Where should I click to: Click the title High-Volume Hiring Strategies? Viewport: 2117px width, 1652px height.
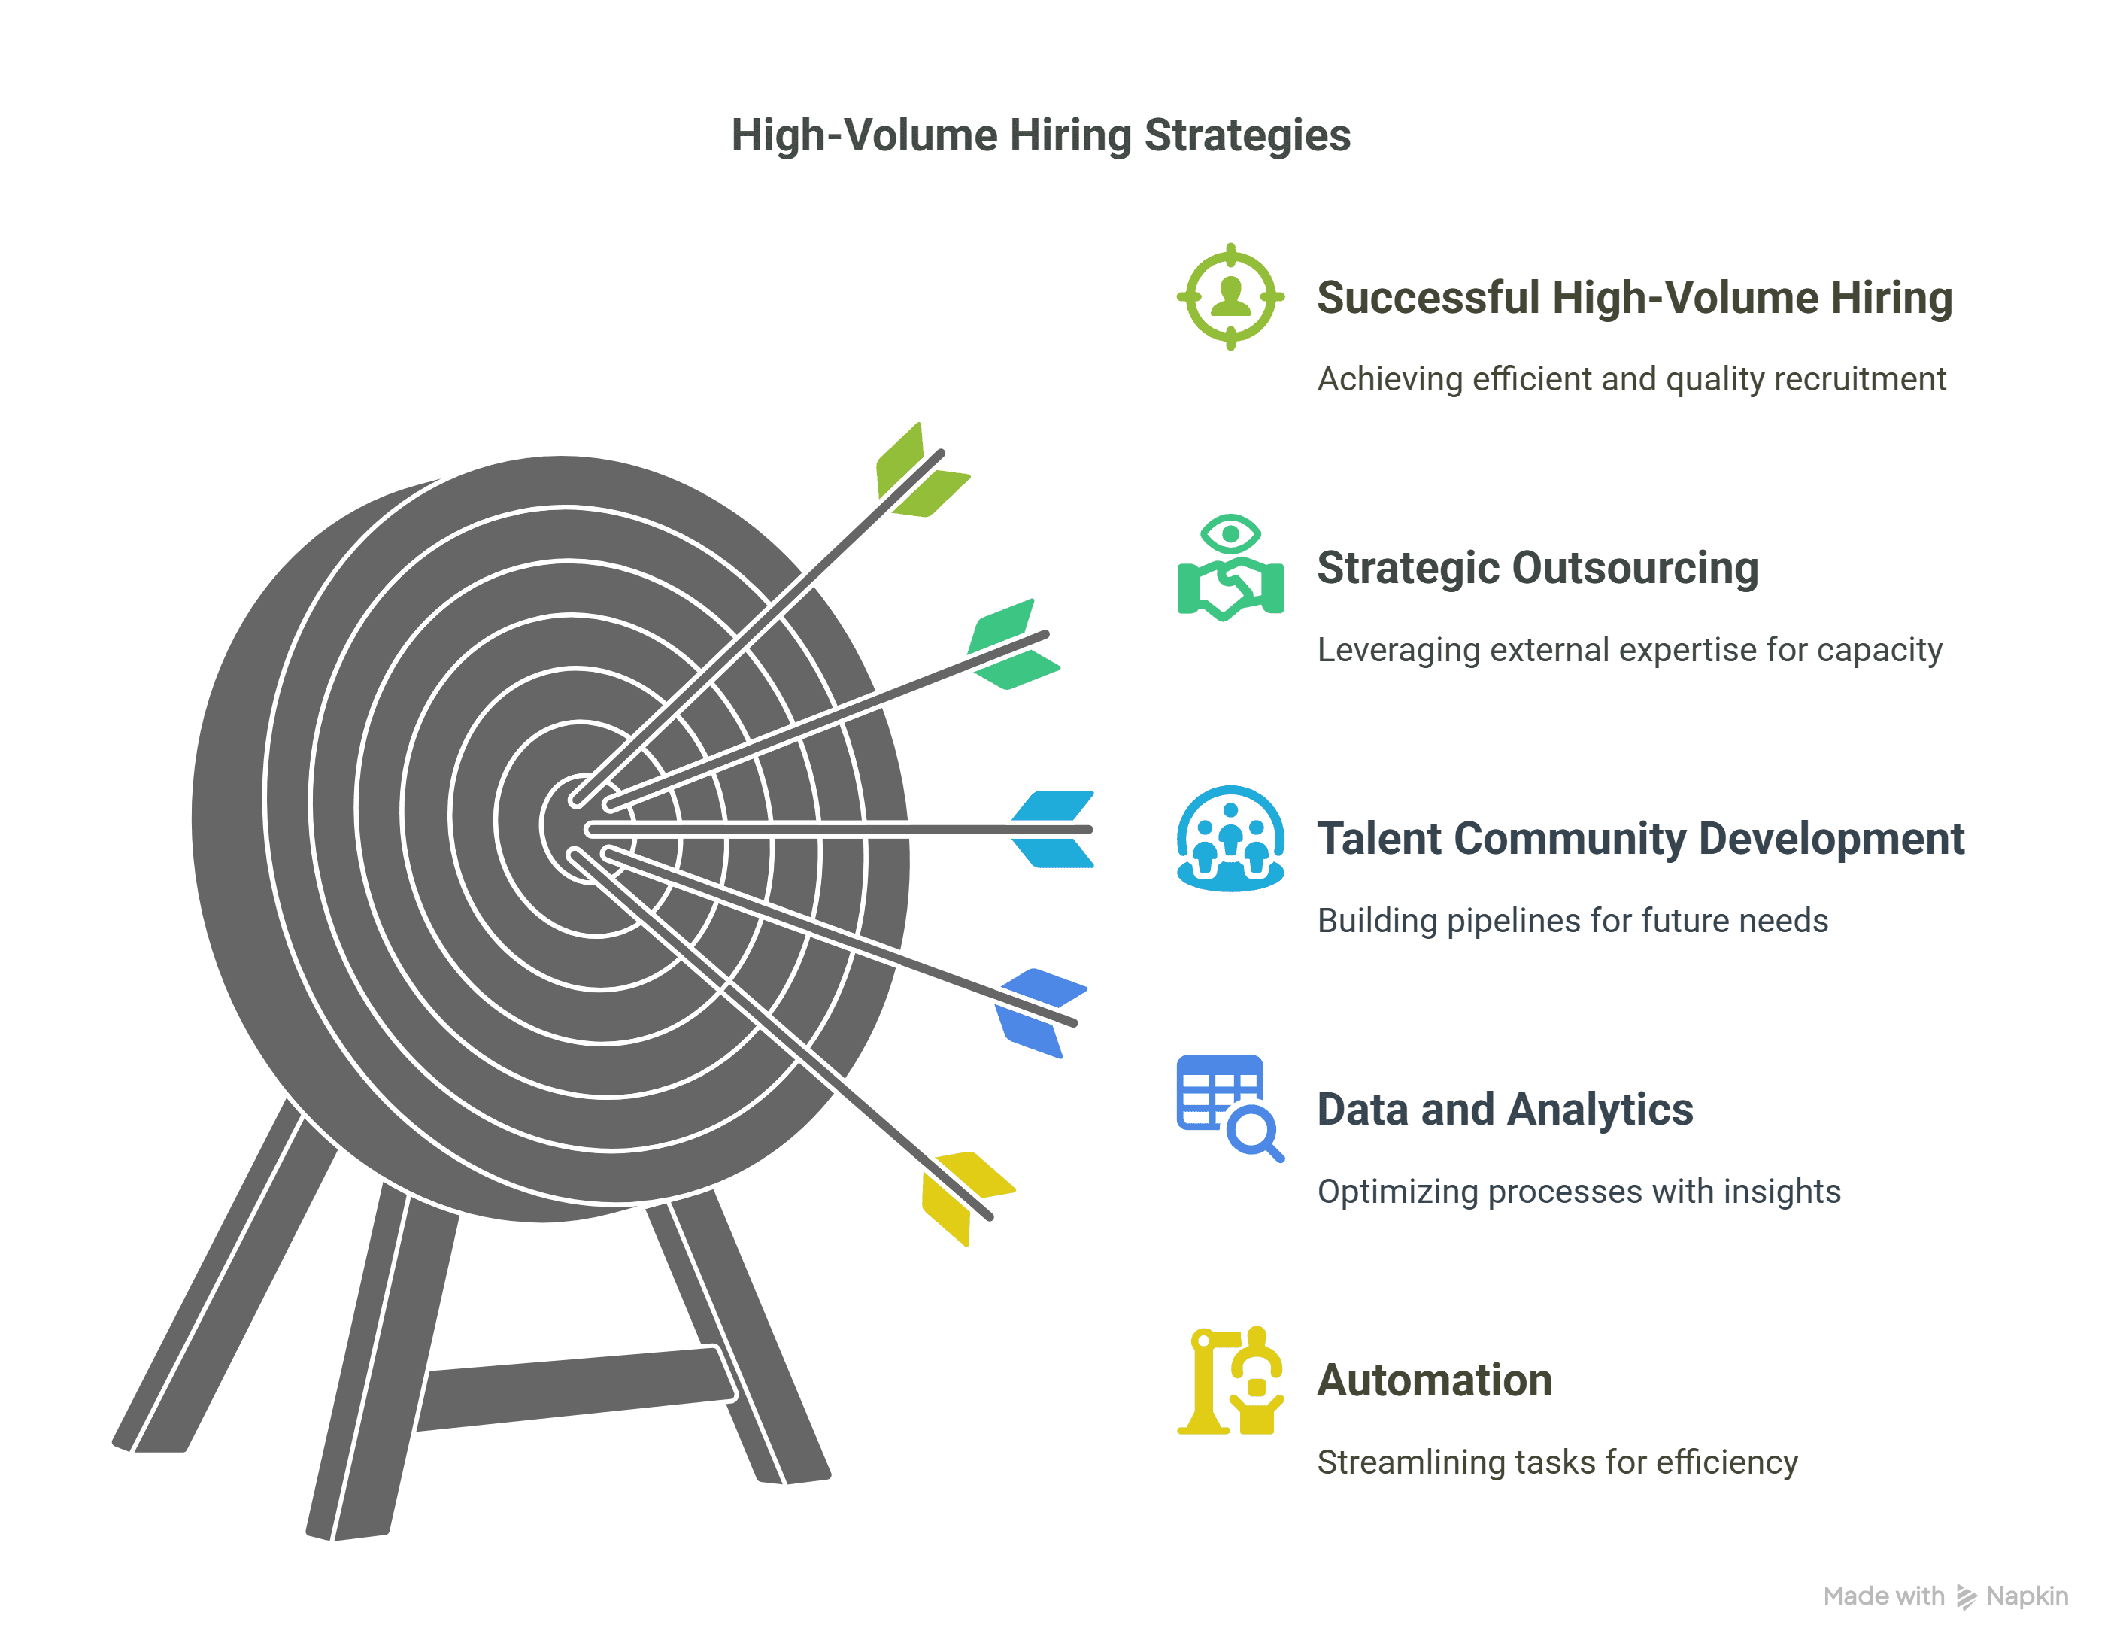click(1040, 135)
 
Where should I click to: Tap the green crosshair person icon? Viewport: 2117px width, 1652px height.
click(1230, 296)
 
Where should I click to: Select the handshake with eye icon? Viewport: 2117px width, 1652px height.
click(1230, 568)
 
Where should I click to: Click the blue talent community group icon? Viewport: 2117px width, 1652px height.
click(1230, 839)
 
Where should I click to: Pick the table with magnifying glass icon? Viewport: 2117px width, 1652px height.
click(1229, 1107)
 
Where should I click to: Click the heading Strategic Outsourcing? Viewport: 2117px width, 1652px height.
click(1537, 568)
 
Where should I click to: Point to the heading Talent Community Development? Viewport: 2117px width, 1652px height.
click(1640, 839)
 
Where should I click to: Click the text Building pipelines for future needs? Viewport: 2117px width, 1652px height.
click(1573, 920)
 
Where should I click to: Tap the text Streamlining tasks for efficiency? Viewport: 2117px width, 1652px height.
click(1557, 1462)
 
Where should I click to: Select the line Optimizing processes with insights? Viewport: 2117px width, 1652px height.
click(1578, 1192)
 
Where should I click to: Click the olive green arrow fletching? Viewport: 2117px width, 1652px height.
click(921, 472)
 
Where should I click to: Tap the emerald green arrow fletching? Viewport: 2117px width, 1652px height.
click(1011, 644)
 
